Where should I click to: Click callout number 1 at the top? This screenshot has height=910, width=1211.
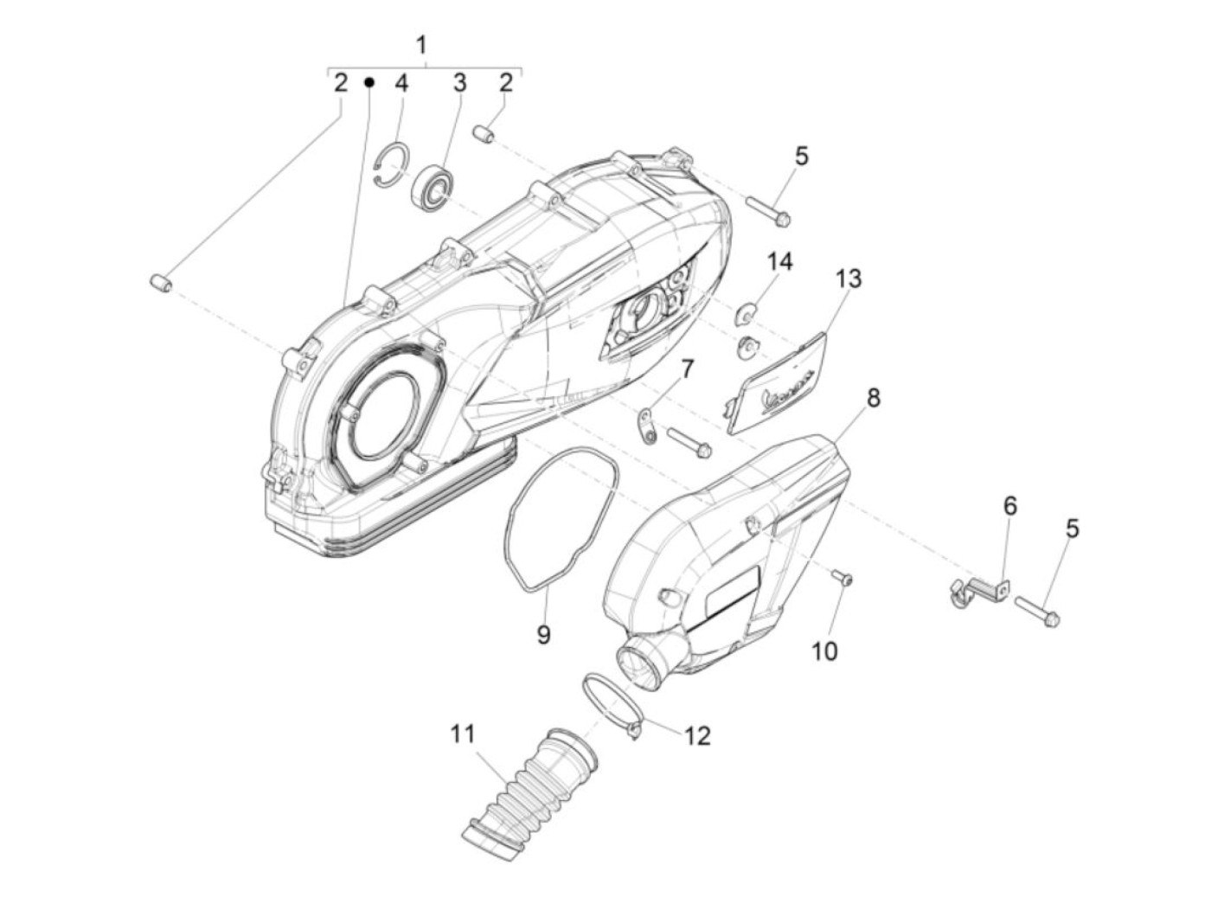tap(422, 45)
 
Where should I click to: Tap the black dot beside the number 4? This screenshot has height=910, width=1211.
tap(368, 82)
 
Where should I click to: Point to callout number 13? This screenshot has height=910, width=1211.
tap(849, 279)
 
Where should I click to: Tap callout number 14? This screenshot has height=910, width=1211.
tap(779, 261)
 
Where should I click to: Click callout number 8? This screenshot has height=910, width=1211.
tap(873, 398)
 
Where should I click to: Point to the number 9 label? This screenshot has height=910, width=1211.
tap(543, 634)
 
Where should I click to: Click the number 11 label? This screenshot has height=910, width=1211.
tap(463, 734)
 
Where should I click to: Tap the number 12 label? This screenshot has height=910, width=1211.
tap(696, 735)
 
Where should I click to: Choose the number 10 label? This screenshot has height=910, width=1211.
tap(824, 650)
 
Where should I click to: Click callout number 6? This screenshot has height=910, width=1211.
tap(1010, 506)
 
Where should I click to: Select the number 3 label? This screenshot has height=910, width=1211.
tap(460, 83)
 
